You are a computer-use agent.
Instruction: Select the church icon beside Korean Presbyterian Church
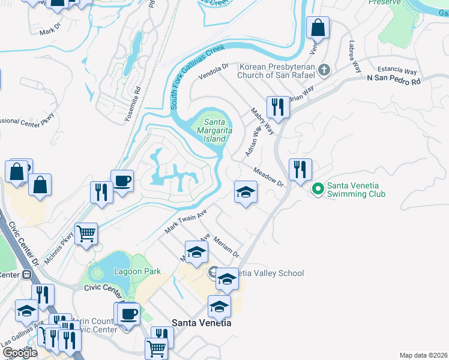[324, 70]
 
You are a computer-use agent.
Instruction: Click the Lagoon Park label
[137, 271]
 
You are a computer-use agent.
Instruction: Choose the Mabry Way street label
[262, 121]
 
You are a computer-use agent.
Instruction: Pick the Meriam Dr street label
[226, 246]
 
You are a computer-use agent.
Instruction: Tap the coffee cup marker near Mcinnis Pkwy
[122, 180]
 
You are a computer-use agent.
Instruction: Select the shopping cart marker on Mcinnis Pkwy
[86, 233]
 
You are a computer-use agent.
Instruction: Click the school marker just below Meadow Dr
[245, 192]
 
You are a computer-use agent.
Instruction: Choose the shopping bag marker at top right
[318, 27]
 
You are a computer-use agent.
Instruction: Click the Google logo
[20, 353]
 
